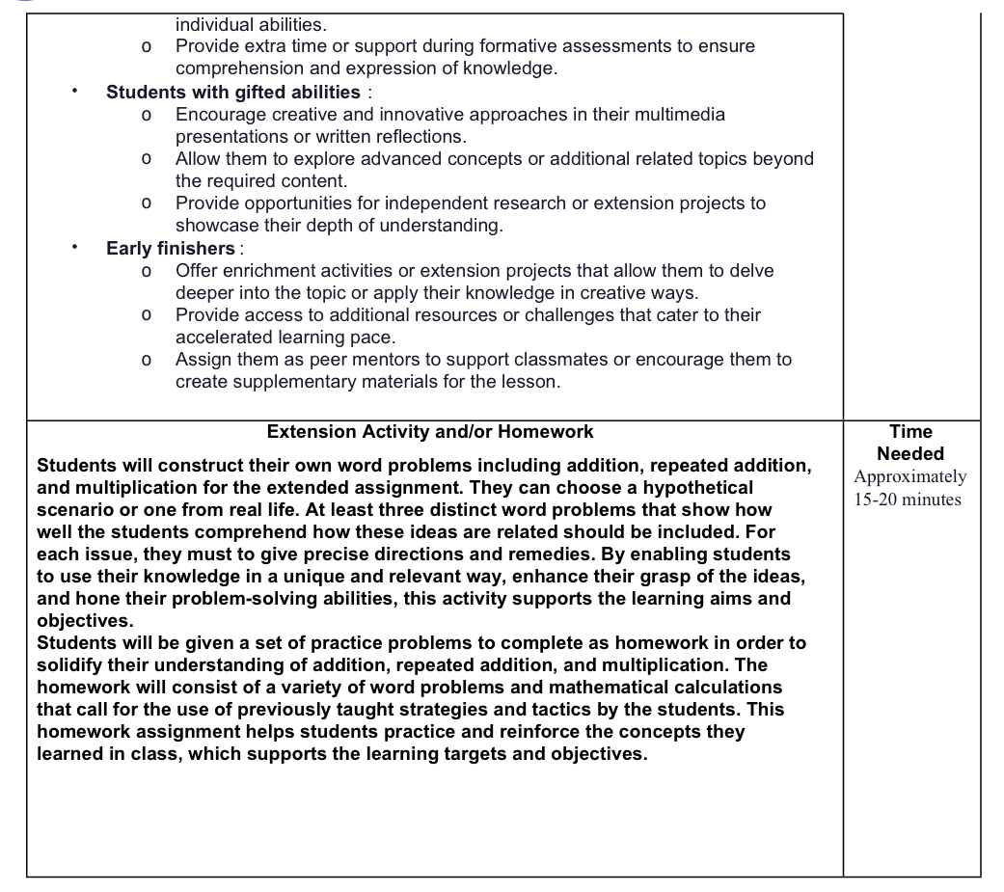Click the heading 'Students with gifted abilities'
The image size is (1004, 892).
pos(232,92)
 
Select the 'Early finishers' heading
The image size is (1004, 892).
pos(171,248)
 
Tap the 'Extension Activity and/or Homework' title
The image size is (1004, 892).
pos(430,431)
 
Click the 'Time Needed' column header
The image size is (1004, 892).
pos(910,443)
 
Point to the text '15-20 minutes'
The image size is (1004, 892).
pos(908,500)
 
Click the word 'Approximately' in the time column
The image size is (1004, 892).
pos(910,476)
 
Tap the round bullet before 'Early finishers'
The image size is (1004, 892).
pos(74,248)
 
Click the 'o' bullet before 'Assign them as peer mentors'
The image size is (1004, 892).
pos(145,361)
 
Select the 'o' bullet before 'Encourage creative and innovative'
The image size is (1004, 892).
pos(145,116)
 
